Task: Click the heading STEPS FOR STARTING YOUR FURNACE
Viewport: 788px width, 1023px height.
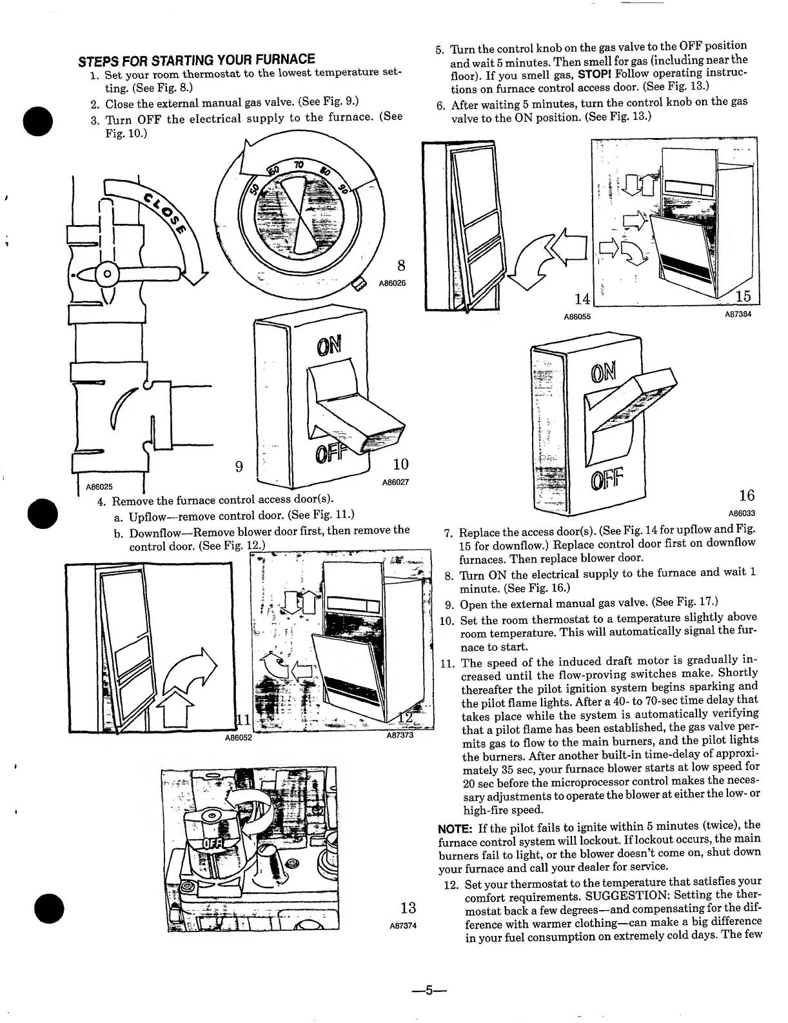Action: click(x=197, y=61)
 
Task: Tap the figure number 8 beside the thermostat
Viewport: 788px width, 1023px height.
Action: click(x=401, y=265)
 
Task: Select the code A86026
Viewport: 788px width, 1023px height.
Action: click(x=391, y=283)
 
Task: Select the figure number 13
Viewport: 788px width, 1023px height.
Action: click(x=408, y=908)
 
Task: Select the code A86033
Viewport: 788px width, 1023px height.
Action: click(x=742, y=514)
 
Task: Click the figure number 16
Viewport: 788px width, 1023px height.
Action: click(x=747, y=495)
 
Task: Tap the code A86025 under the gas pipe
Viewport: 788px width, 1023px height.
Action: click(x=99, y=488)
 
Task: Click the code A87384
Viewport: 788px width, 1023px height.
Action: click(x=738, y=314)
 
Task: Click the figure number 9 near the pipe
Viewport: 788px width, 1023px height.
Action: click(x=239, y=466)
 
